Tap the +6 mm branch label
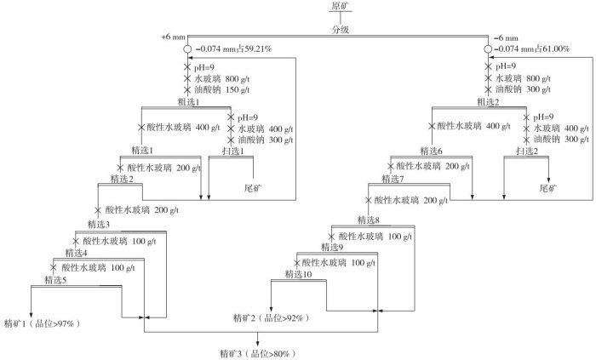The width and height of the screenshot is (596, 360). coord(173,37)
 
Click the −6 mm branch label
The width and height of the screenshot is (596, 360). coord(507,38)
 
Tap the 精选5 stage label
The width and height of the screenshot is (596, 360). coord(57,280)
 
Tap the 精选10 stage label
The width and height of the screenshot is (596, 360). coord(300,274)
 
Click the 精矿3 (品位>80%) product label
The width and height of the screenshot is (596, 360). coord(256,351)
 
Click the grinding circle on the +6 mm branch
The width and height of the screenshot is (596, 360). coord(187,49)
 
